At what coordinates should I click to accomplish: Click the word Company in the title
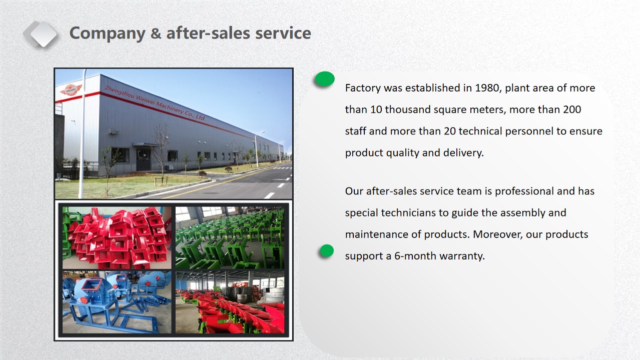click(x=108, y=33)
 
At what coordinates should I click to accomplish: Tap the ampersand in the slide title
click(x=156, y=33)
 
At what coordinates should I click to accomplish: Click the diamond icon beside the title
click(x=41, y=34)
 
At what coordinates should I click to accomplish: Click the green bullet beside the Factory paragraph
click(x=325, y=79)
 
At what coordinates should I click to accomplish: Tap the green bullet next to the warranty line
click(x=327, y=251)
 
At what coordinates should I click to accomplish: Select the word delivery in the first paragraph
click(x=463, y=153)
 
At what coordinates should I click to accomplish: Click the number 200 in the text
click(x=572, y=109)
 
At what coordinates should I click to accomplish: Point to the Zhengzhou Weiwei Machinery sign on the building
click(x=155, y=103)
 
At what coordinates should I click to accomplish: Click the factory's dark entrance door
click(x=143, y=160)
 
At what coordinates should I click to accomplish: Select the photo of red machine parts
click(x=117, y=238)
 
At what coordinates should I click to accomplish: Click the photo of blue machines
click(x=117, y=302)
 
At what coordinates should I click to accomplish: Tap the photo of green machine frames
click(x=230, y=238)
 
